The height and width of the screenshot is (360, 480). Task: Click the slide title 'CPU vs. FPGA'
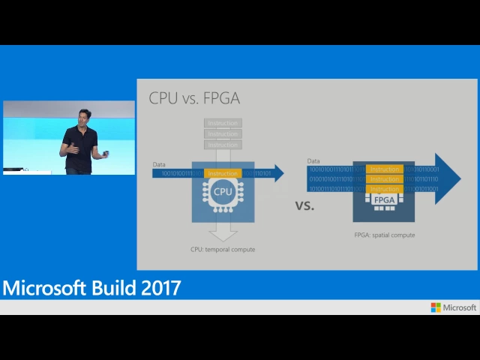pyautogui.click(x=194, y=98)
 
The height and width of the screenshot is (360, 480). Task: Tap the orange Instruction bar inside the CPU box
pyautogui.click(x=223, y=173)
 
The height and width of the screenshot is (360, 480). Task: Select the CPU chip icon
pyautogui.click(x=223, y=192)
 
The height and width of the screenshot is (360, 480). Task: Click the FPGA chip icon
pyautogui.click(x=384, y=200)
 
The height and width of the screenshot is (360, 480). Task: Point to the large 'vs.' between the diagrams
pyautogui.click(x=304, y=204)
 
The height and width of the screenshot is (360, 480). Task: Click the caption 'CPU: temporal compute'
pyautogui.click(x=223, y=249)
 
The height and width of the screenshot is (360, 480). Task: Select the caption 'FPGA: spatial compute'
pyautogui.click(x=384, y=235)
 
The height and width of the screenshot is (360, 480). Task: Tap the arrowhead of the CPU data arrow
pyautogui.click(x=278, y=173)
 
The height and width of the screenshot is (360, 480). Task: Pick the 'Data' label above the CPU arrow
pyautogui.click(x=159, y=164)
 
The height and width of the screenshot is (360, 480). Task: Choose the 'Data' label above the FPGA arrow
pyautogui.click(x=313, y=160)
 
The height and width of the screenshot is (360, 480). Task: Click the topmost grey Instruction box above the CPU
pyautogui.click(x=223, y=123)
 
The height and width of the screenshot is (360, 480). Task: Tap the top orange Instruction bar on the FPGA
pyautogui.click(x=385, y=169)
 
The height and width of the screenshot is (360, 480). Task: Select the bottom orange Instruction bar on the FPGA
pyautogui.click(x=385, y=189)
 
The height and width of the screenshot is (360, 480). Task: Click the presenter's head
pyautogui.click(x=82, y=116)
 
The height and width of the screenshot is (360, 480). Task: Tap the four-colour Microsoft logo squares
pyautogui.click(x=436, y=307)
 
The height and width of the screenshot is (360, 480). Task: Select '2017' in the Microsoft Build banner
pyautogui.click(x=160, y=287)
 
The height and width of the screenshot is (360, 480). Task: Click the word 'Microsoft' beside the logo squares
pyautogui.click(x=460, y=307)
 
